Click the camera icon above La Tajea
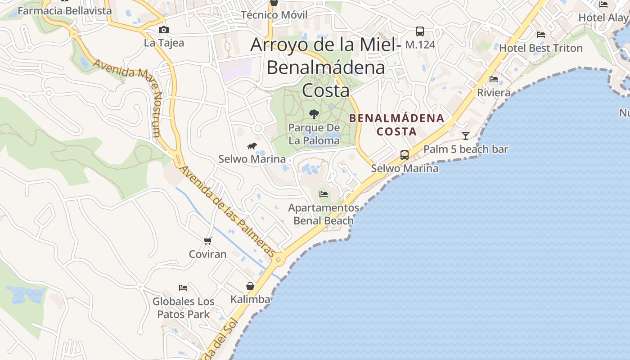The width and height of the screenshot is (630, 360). pyautogui.click(x=164, y=30)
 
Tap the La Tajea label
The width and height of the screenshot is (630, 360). pyautogui.click(x=164, y=43)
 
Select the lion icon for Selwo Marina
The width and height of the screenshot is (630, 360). pyautogui.click(x=252, y=146)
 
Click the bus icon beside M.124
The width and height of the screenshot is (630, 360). pyautogui.click(x=420, y=31)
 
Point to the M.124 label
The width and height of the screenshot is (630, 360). pyautogui.click(x=420, y=45)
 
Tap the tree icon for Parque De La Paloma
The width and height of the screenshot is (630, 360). pyautogui.click(x=314, y=114)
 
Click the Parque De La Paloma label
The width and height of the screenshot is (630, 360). pyautogui.click(x=314, y=134)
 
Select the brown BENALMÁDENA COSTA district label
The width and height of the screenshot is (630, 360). pyautogui.click(x=396, y=125)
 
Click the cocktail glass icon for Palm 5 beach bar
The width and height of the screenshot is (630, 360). pyautogui.click(x=466, y=135)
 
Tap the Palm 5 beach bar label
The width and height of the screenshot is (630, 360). pyautogui.click(x=466, y=149)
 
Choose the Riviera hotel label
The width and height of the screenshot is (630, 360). pyautogui.click(x=494, y=93)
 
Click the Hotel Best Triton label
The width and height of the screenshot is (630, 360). pyautogui.click(x=540, y=48)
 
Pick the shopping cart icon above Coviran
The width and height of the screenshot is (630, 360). pyautogui.click(x=207, y=241)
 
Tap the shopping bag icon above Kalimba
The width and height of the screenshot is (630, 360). pyautogui.click(x=250, y=286)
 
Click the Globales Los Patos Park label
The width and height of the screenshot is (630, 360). pyautogui.click(x=183, y=308)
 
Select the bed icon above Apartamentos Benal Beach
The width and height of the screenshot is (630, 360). pyautogui.click(x=324, y=194)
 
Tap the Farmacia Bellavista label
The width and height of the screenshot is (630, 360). pyautogui.click(x=64, y=10)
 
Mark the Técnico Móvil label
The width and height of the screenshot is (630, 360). pyautogui.click(x=274, y=15)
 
